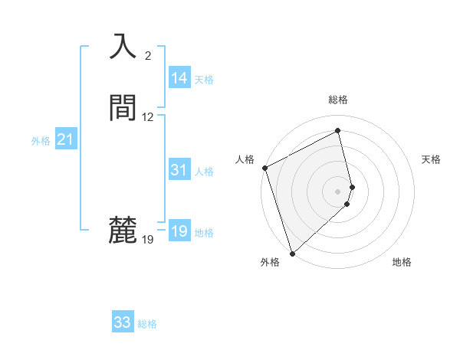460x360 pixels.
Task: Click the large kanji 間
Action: click(123, 108)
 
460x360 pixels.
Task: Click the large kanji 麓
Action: click(123, 230)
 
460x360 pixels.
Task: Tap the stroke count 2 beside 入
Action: click(148, 56)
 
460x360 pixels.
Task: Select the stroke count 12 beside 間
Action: click(148, 117)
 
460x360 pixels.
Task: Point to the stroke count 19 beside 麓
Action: click(148, 240)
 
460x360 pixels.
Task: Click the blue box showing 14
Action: click(179, 78)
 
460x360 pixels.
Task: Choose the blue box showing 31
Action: click(179, 170)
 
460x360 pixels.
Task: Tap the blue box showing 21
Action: click(65, 139)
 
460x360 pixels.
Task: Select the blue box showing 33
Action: click(123, 322)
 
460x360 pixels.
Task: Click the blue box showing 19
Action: click(179, 231)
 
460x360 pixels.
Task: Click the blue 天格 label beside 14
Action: click(204, 80)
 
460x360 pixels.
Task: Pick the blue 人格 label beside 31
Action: click(204, 172)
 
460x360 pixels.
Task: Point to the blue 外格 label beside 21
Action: click(41, 141)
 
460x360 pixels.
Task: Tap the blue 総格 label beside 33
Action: click(147, 324)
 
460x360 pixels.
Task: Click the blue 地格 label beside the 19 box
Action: click(204, 233)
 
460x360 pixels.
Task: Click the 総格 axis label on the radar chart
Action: click(338, 100)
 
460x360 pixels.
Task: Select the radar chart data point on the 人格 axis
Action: click(264, 169)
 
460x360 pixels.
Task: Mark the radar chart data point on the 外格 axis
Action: click(291, 253)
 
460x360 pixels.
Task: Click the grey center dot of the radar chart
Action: click(338, 191)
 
